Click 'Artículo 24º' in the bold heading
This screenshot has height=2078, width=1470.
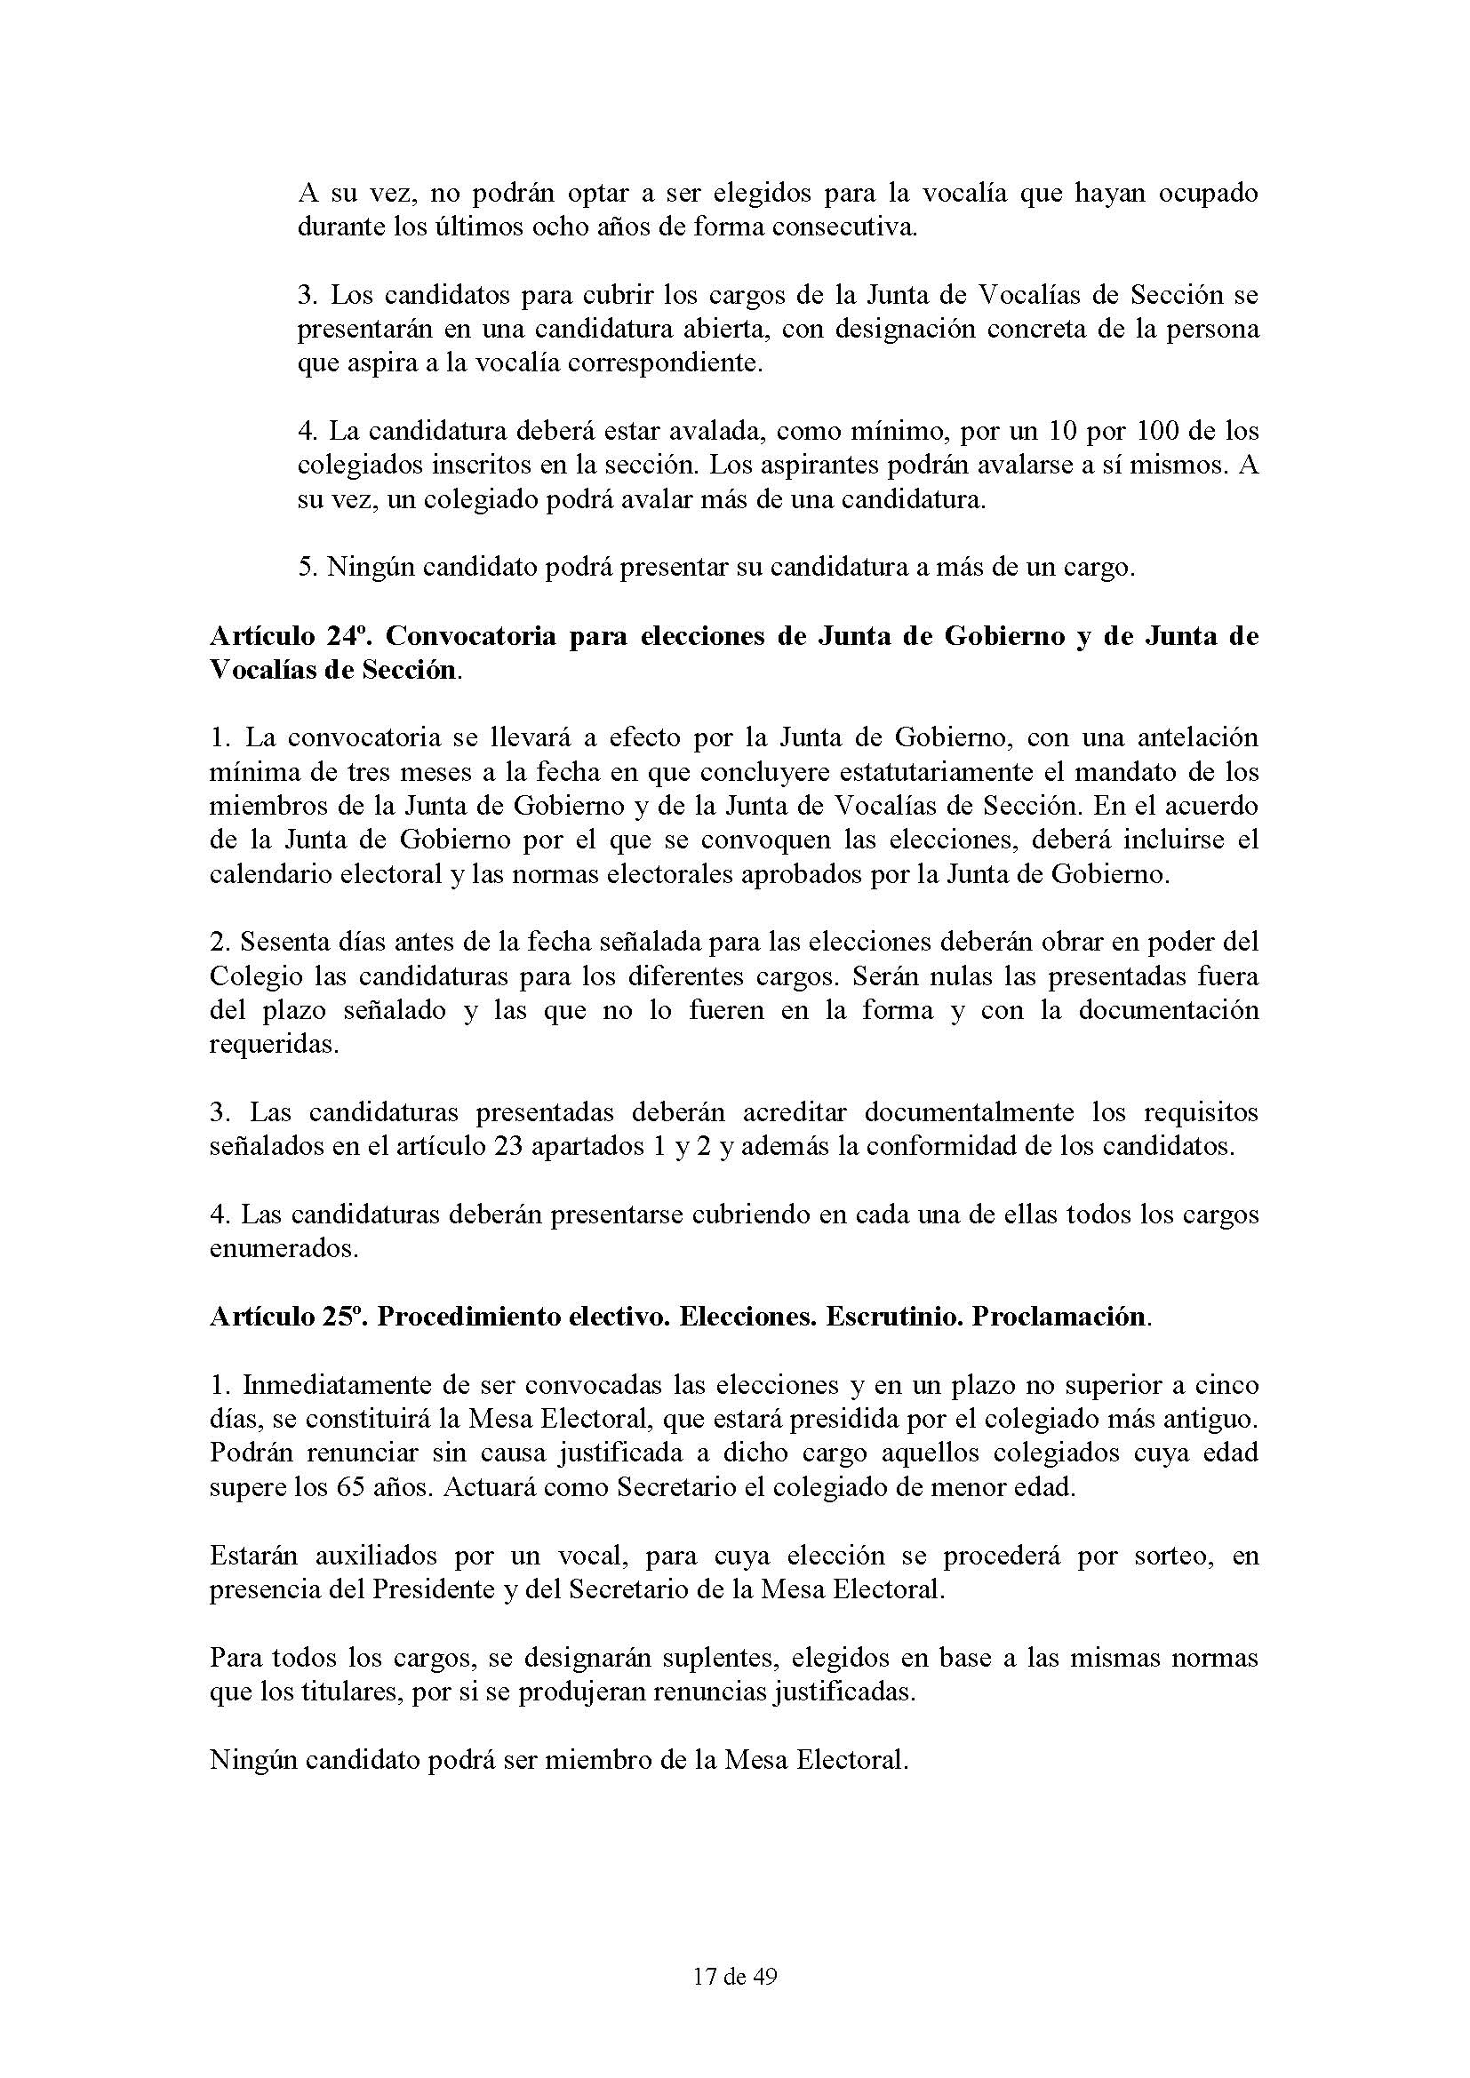pyautogui.click(x=291, y=637)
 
